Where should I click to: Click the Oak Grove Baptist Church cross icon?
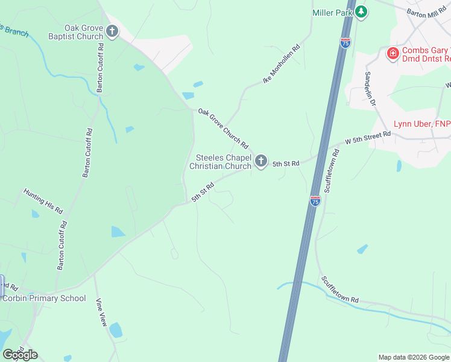pyautogui.click(x=112, y=31)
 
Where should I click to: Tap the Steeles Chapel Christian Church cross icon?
pyautogui.click(x=260, y=161)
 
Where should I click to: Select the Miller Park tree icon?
pyautogui.click(x=361, y=11)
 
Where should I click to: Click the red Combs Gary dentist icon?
pyautogui.click(x=393, y=54)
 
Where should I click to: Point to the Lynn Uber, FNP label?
pyautogui.click(x=421, y=124)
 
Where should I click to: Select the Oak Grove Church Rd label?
pyautogui.click(x=223, y=129)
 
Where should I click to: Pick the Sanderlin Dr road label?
pyautogui.click(x=370, y=89)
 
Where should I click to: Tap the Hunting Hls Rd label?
pyautogui.click(x=43, y=201)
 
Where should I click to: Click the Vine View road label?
pyautogui.click(x=101, y=313)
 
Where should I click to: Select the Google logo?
pyautogui.click(x=20, y=354)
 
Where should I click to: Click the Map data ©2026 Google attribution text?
pyautogui.click(x=413, y=357)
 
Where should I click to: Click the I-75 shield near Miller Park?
pyautogui.click(x=345, y=43)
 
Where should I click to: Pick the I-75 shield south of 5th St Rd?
pyautogui.click(x=315, y=201)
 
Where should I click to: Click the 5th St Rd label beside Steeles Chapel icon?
pyautogui.click(x=286, y=164)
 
